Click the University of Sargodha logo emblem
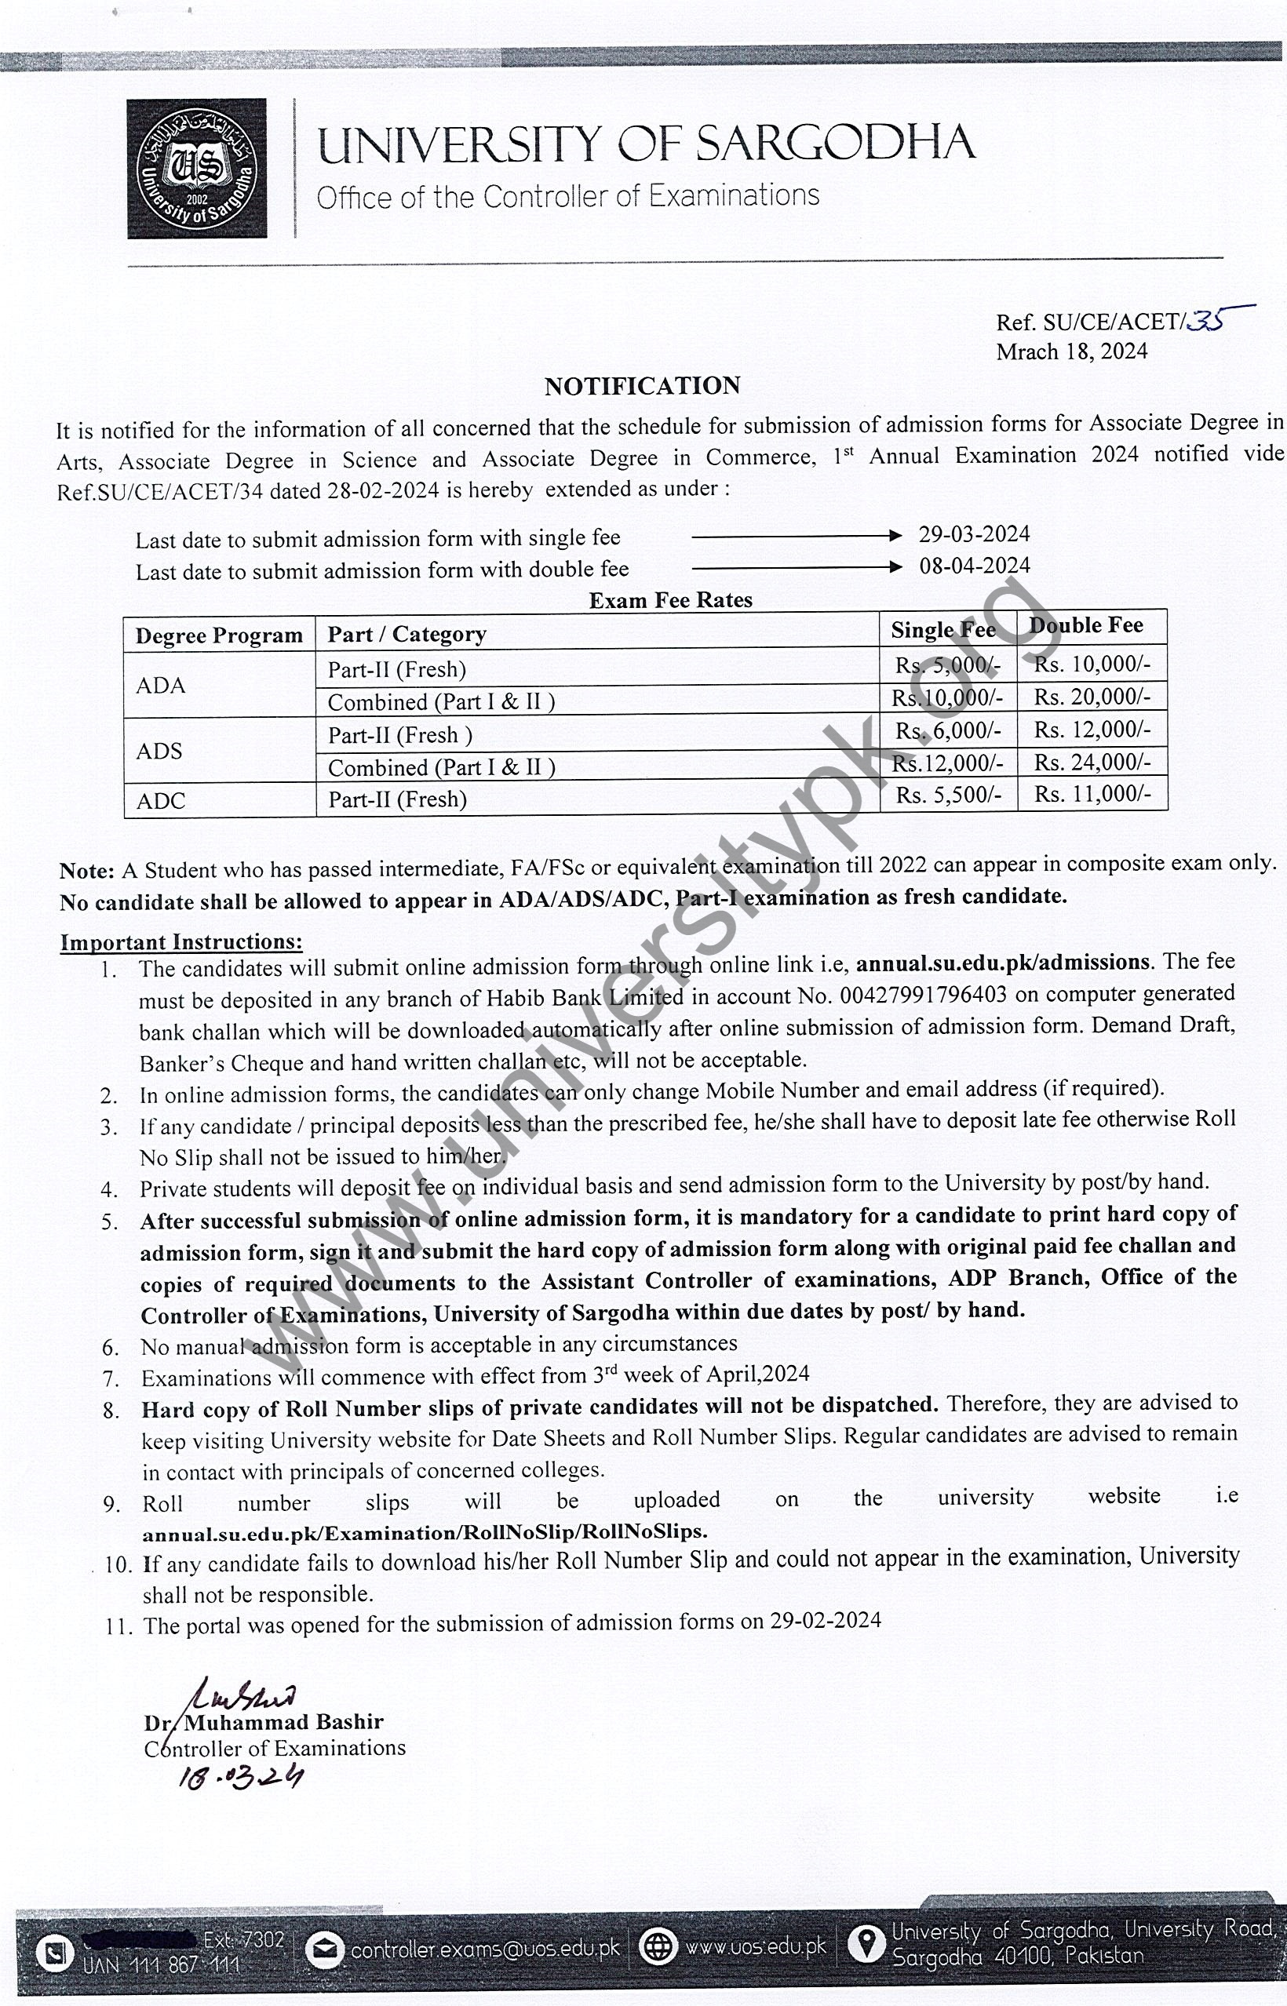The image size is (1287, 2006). click(x=197, y=169)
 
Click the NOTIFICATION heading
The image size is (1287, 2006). click(x=642, y=385)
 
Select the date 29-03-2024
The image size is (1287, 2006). click(x=974, y=534)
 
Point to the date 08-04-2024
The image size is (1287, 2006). click(x=975, y=566)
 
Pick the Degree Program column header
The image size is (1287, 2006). click(x=219, y=635)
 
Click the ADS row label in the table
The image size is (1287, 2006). click(x=159, y=750)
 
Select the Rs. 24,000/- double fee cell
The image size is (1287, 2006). click(x=1092, y=762)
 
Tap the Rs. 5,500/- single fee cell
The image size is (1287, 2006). click(x=948, y=795)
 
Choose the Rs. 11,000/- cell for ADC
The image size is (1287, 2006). click(x=1092, y=794)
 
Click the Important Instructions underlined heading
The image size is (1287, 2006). click(x=180, y=941)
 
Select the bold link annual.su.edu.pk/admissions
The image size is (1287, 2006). click(x=1003, y=963)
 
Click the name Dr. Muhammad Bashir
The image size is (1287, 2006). click(x=263, y=1722)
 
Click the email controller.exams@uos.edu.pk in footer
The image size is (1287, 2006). click(x=485, y=1949)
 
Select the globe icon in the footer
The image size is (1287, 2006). click(x=658, y=1947)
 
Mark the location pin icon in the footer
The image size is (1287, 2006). click(x=866, y=1945)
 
